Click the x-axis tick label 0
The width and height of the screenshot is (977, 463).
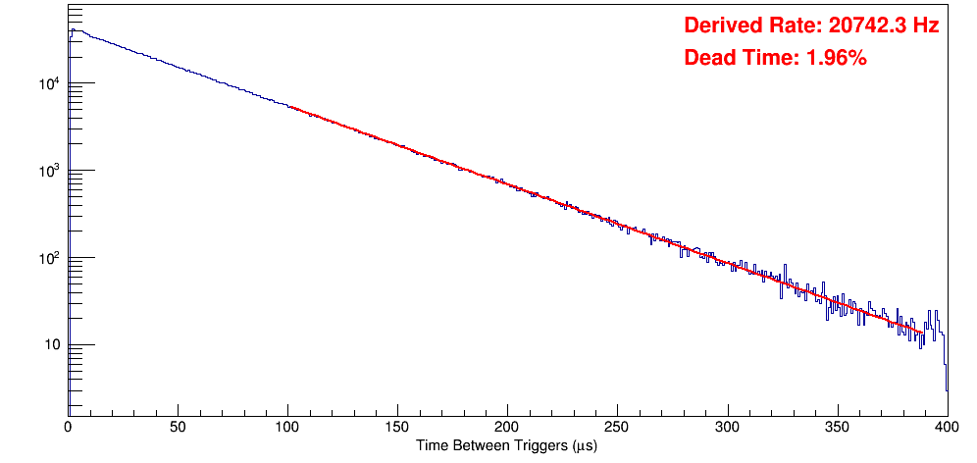click(68, 427)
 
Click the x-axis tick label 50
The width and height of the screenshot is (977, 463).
click(178, 427)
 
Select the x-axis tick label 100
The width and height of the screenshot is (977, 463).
click(287, 427)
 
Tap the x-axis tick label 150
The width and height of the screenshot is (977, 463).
click(397, 427)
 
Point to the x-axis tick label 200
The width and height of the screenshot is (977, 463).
click(507, 427)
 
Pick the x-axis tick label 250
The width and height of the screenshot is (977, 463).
click(617, 427)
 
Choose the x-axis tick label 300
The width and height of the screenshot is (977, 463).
click(727, 427)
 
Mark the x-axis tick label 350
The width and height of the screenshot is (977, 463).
click(837, 427)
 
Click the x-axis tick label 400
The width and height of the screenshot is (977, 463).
click(947, 427)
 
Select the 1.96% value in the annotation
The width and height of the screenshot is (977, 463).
click(836, 58)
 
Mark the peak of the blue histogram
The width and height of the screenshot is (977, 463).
click(72, 29)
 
